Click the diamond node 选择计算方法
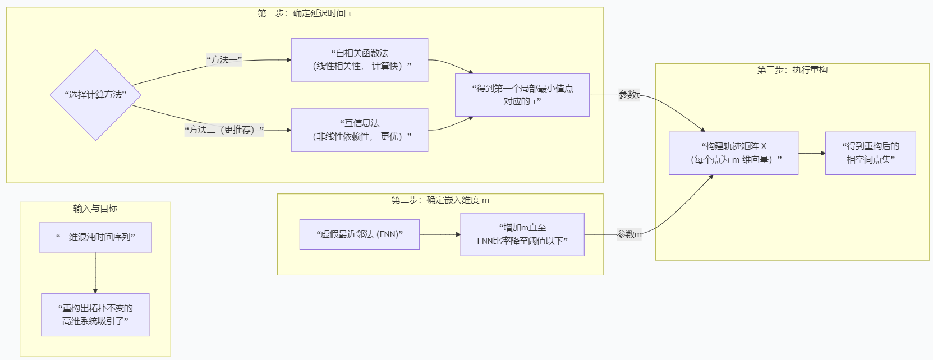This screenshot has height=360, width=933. coord(95,95)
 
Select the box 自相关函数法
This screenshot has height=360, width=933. coord(359,60)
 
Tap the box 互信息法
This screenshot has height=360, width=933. coord(359,130)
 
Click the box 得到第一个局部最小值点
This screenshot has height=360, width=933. coord(522,95)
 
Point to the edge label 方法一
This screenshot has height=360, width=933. coord(224,60)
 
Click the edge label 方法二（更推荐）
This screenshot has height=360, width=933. coord(224,130)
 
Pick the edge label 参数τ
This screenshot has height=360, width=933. coord(629,95)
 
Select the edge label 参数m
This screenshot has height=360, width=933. coord(629,234)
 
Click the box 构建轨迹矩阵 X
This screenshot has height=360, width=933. coord(733,153)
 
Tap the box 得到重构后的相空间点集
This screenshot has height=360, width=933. coord(870,153)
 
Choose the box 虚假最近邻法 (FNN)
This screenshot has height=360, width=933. coord(359,234)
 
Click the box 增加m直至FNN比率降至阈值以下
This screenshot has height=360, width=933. coord(522,234)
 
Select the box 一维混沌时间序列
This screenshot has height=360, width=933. coord(95,237)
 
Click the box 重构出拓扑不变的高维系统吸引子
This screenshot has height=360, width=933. coord(95,315)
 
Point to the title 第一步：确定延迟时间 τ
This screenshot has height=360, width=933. coord(305,13)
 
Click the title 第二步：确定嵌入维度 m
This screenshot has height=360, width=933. coord(440,200)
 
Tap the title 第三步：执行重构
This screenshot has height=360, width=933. coord(792,70)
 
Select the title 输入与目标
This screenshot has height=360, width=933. coord(95,209)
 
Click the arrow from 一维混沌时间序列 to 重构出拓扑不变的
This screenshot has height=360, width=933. coord(95,273)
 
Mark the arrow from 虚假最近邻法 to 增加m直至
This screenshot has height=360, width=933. coord(440,234)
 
